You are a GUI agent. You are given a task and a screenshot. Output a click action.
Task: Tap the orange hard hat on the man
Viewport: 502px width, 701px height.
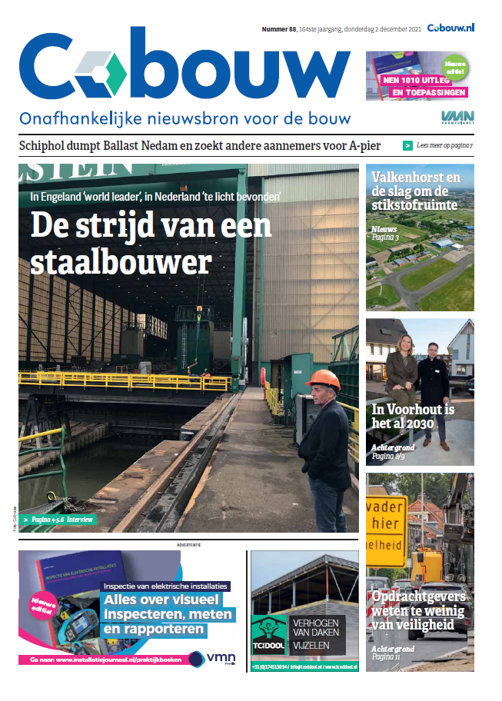322,379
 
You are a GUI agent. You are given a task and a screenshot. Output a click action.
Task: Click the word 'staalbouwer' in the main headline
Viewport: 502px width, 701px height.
121,261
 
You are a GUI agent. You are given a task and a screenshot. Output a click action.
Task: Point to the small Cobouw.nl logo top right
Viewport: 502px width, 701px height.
451,27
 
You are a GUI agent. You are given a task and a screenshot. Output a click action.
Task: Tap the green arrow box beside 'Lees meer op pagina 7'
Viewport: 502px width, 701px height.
407,145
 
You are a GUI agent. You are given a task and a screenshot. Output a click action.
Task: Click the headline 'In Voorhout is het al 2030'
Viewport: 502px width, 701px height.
413,417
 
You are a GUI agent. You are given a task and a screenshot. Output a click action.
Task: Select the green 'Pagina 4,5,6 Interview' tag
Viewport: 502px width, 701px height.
58,520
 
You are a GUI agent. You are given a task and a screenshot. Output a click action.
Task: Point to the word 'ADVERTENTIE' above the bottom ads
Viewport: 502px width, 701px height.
188,545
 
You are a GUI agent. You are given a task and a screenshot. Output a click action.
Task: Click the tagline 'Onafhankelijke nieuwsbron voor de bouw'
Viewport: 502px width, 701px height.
185,119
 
